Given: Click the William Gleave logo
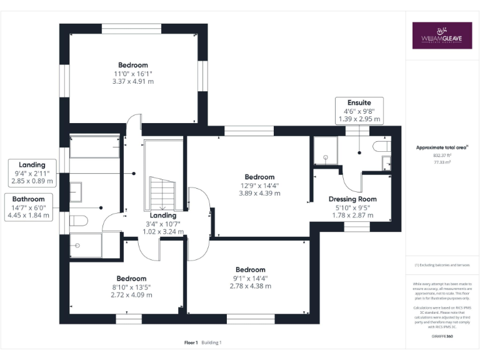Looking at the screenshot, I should point(442,36).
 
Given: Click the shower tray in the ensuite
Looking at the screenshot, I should point(324,150).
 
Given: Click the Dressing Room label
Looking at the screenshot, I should point(352,199).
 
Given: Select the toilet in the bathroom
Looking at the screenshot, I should point(77,220).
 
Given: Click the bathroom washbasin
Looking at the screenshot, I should point(75,191).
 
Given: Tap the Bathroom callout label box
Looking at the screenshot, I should point(28,207).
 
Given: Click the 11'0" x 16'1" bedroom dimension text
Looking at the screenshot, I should point(132,73).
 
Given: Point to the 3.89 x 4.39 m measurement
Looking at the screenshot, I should point(259,193).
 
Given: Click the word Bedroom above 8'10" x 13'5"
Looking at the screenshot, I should point(131,279).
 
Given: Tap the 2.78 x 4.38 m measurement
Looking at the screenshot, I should point(251,286).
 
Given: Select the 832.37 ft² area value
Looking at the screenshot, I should point(442,155).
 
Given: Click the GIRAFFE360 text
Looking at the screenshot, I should point(442,337).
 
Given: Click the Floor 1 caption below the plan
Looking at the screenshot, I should point(191,342).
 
